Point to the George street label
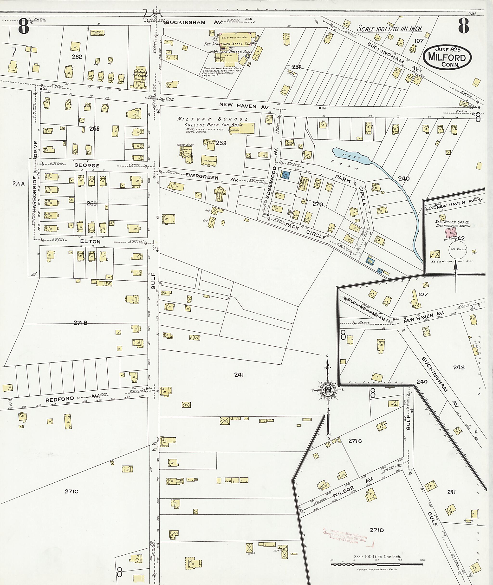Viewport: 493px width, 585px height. coord(87,165)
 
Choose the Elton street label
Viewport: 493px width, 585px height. coord(90,241)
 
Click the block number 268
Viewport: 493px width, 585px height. coord(94,129)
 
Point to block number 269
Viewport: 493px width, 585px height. coord(91,204)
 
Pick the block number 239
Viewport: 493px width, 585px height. coord(221,143)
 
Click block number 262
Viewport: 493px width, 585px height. coord(77,57)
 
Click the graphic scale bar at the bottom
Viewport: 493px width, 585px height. coord(377,562)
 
